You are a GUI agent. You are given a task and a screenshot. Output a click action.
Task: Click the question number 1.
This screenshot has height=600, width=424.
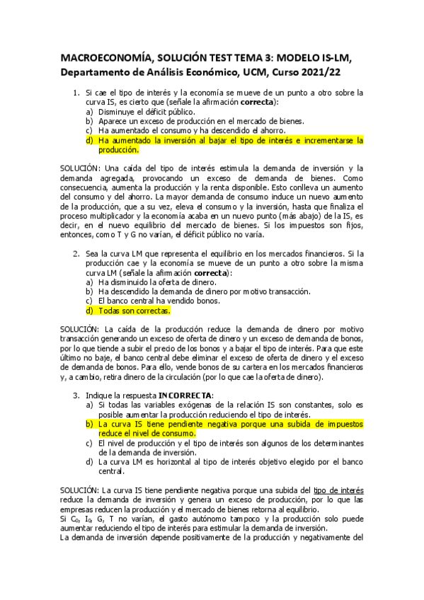coord(77,93)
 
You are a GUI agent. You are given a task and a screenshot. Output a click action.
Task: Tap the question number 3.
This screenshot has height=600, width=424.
coord(77,394)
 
